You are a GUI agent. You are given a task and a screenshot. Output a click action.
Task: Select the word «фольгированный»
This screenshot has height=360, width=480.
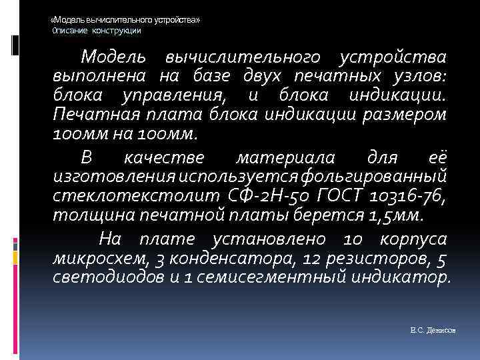(376, 178)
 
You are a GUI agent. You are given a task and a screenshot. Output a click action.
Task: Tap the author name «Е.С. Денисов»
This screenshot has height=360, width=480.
(433, 331)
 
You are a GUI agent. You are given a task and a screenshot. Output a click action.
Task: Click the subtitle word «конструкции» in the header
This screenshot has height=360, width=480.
(117, 31)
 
